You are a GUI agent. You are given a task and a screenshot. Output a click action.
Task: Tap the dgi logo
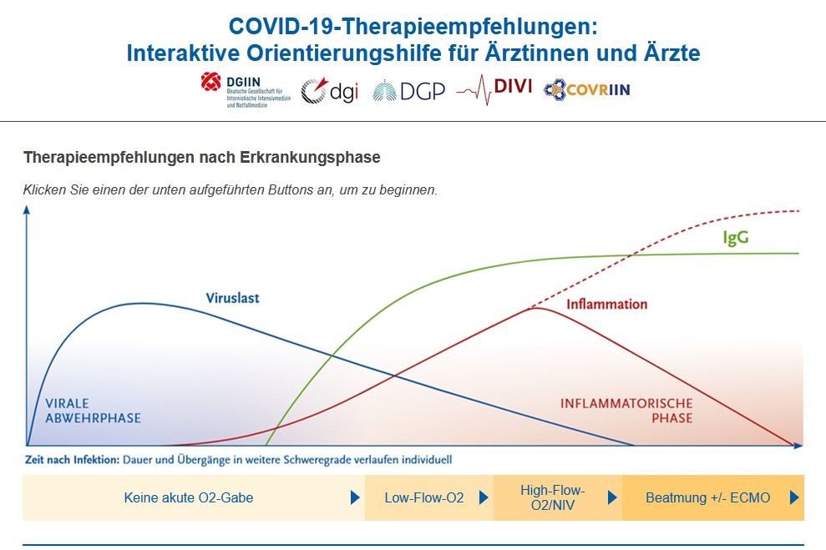(x=329, y=90)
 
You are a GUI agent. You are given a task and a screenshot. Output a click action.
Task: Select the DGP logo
(x=408, y=90)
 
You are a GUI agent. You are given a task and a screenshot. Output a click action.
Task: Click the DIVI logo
(x=494, y=88)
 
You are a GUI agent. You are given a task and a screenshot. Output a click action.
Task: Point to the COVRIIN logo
(x=586, y=88)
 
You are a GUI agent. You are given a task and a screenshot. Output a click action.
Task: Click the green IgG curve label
(x=735, y=238)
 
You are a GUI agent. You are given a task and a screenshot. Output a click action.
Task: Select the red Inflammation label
(x=606, y=305)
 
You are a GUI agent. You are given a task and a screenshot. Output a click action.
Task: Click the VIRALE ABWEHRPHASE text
(x=93, y=411)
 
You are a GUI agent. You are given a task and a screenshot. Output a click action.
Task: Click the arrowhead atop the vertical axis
(x=27, y=210)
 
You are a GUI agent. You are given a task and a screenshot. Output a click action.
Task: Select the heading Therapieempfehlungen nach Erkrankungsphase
(x=202, y=157)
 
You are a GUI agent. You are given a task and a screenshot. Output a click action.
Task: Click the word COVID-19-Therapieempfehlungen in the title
(x=413, y=26)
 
